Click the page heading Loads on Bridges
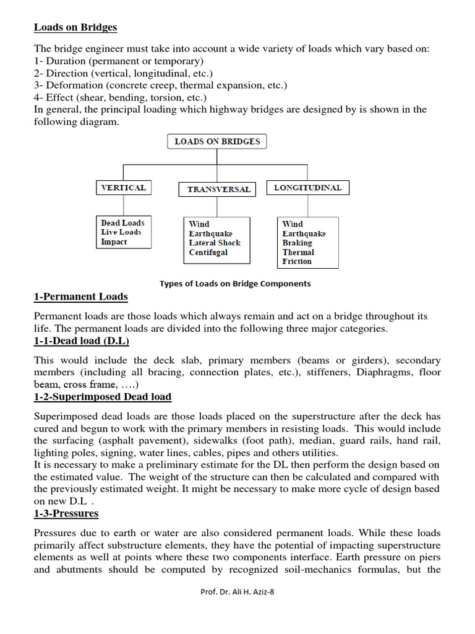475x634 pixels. pos(75,27)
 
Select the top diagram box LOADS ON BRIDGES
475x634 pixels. pos(217,142)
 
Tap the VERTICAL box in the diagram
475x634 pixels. pos(124,188)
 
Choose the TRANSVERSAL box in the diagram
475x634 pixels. pos(219,189)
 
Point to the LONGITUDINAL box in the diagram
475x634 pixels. pos(307,188)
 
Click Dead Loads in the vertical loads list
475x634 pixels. pos(122,223)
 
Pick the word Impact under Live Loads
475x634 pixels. pos(114,242)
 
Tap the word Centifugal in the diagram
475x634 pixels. pos(208,253)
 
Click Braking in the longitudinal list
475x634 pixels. pos(297,243)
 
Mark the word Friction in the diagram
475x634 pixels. pos(297,261)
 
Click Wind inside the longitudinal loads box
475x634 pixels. pos(293,224)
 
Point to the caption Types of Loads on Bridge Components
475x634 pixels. pos(235,284)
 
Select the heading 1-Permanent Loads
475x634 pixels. pos(80,297)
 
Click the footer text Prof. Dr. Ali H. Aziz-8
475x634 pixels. pos(237,610)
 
